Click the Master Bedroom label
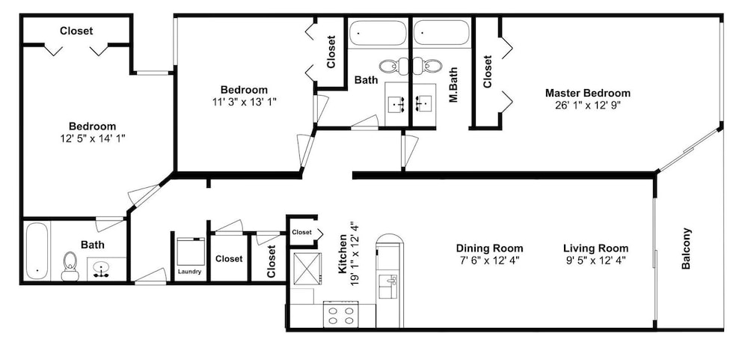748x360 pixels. point(588,93)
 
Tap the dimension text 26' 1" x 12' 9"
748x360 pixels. point(588,106)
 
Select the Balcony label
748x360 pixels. point(687,248)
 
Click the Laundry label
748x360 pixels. point(189,272)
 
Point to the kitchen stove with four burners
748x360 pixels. point(342,315)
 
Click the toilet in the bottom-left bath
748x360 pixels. point(70,266)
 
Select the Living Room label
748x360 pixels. point(596,248)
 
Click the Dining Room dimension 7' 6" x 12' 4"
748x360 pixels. point(489,260)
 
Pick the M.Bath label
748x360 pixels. point(453,85)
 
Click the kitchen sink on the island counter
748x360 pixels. point(387,286)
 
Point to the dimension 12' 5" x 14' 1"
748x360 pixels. point(92,139)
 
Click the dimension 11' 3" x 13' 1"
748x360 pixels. point(244,102)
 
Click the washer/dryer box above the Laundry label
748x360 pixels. point(190,251)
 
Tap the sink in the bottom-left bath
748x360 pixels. point(102,269)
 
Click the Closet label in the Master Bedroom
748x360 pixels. point(487,72)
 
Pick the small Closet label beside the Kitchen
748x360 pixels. point(301,233)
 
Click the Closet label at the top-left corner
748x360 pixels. point(76,31)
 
